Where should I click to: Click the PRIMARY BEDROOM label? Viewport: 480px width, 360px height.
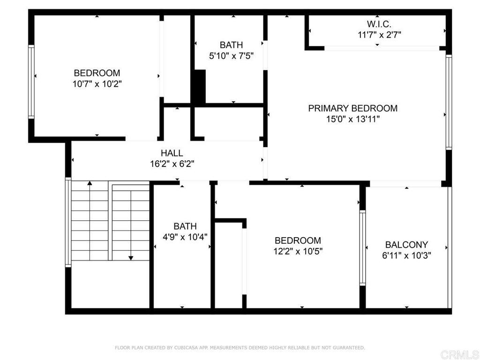(352, 108)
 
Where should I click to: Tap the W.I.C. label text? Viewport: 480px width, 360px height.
(379, 24)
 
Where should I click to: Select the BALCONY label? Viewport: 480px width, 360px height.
(406, 245)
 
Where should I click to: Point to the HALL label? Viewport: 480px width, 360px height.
(172, 153)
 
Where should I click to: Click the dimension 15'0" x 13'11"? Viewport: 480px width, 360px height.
(353, 119)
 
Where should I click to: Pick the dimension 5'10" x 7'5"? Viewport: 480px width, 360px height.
(232, 56)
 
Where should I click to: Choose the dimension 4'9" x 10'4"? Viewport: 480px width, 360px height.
(185, 237)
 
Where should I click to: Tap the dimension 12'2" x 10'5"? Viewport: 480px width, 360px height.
(298, 251)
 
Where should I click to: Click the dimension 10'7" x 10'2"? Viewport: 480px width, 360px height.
(97, 84)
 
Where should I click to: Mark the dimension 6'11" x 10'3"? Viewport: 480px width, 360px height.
(406, 255)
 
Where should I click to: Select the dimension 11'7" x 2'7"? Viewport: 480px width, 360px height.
(379, 35)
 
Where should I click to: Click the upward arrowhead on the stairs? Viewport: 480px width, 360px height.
(90, 183)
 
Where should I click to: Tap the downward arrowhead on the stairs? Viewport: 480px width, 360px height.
(131, 258)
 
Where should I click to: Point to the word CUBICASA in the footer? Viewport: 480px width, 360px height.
(186, 348)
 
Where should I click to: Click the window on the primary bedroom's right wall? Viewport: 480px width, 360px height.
(449, 102)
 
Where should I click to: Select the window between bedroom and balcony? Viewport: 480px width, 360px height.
(362, 248)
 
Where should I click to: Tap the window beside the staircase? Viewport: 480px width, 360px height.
(68, 222)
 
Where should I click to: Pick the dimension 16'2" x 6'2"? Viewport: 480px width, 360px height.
(172, 164)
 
